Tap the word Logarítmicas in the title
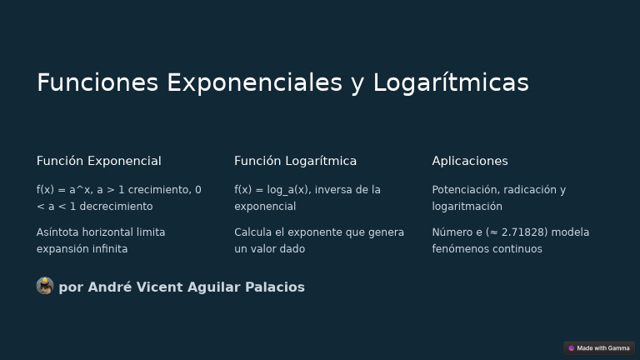(x=451, y=82)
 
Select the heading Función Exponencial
(x=98, y=161)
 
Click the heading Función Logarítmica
(x=295, y=161)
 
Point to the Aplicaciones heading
(x=469, y=161)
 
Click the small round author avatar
(x=45, y=287)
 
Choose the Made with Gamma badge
(x=598, y=348)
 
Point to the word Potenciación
(x=465, y=190)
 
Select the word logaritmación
(x=467, y=207)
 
